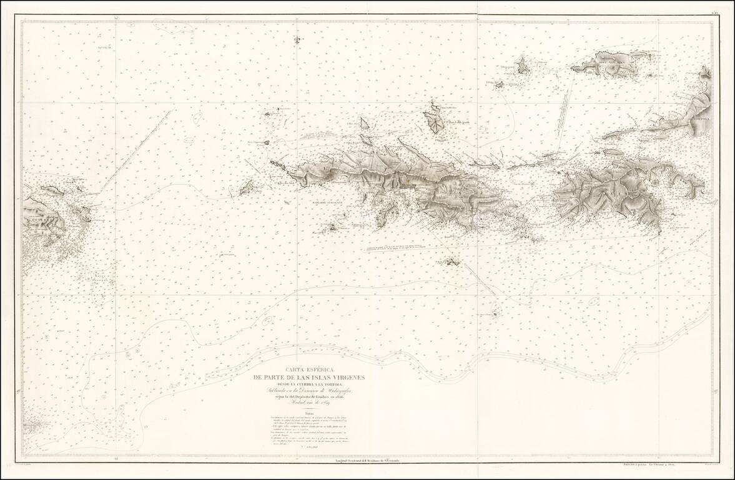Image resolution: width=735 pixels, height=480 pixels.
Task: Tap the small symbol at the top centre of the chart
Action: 297,39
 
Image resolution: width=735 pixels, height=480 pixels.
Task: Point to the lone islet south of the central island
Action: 450,261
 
